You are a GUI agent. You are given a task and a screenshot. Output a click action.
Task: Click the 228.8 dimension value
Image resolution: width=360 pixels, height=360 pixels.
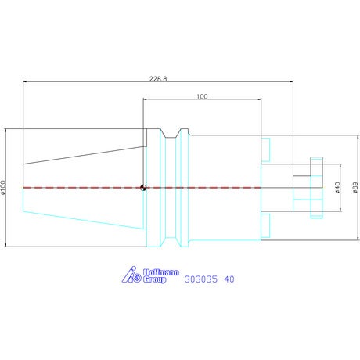coord(158,78)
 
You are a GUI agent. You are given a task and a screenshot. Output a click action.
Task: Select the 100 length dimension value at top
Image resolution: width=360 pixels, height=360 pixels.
coord(202,96)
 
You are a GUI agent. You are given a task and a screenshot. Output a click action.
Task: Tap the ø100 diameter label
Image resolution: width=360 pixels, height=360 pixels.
coord(3,188)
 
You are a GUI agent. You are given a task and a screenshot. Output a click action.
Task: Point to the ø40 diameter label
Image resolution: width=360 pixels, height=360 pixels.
coord(337,188)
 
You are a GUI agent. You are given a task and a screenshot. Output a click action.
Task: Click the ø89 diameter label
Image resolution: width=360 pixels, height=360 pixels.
coord(355,188)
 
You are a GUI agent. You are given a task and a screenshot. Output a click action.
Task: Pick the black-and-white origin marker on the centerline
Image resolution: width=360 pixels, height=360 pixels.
coord(143,188)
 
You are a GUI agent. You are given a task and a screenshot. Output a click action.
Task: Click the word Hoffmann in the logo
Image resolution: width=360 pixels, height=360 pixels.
coord(161,272)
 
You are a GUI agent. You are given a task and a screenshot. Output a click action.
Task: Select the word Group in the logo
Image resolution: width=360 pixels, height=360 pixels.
coord(154,279)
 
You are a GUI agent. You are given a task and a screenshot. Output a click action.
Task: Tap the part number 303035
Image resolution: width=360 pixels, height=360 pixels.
coord(200,279)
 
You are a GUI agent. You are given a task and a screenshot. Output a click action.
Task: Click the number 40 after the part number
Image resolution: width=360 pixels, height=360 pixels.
coord(229,279)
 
